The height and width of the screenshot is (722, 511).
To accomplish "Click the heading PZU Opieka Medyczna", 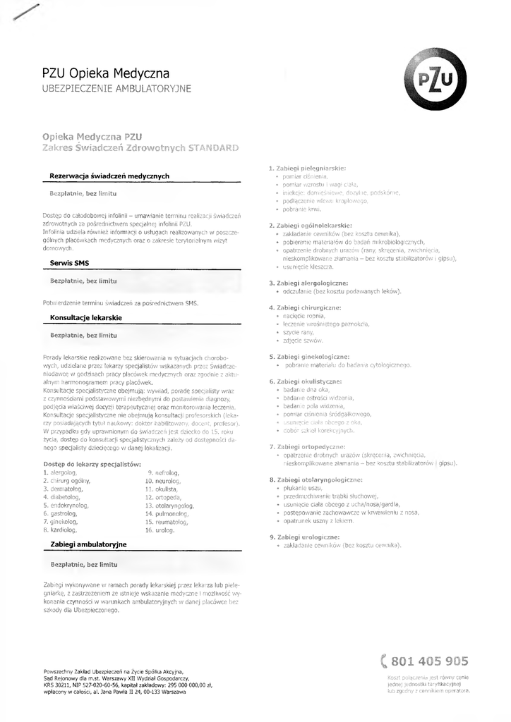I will pyautogui.click(x=106, y=73).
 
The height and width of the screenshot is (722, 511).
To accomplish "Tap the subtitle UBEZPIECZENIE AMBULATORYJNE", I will pyautogui.click(x=116, y=89).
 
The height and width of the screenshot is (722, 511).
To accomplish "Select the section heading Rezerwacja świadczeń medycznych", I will pyautogui.click(x=109, y=176).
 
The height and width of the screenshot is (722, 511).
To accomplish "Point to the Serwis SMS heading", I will pyautogui.click(x=69, y=263).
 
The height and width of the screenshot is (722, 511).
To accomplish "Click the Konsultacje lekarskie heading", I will pyautogui.click(x=86, y=318).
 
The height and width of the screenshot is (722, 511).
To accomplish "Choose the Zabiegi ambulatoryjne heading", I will pyautogui.click(x=89, y=545).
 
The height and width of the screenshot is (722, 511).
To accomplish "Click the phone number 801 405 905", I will pyautogui.click(x=429, y=661).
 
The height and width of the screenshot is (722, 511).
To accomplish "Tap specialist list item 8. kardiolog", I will pyautogui.click(x=60, y=529).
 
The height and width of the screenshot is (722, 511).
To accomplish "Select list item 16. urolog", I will pyautogui.click(x=160, y=529).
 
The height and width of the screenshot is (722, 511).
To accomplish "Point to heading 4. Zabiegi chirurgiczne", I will pyautogui.click(x=305, y=307).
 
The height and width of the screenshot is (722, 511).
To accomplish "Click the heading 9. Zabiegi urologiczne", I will pyautogui.click(x=304, y=537).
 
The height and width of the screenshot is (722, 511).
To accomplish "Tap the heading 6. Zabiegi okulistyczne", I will pyautogui.click(x=305, y=381).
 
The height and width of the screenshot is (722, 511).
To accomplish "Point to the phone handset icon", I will pyautogui.click(x=384, y=661).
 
